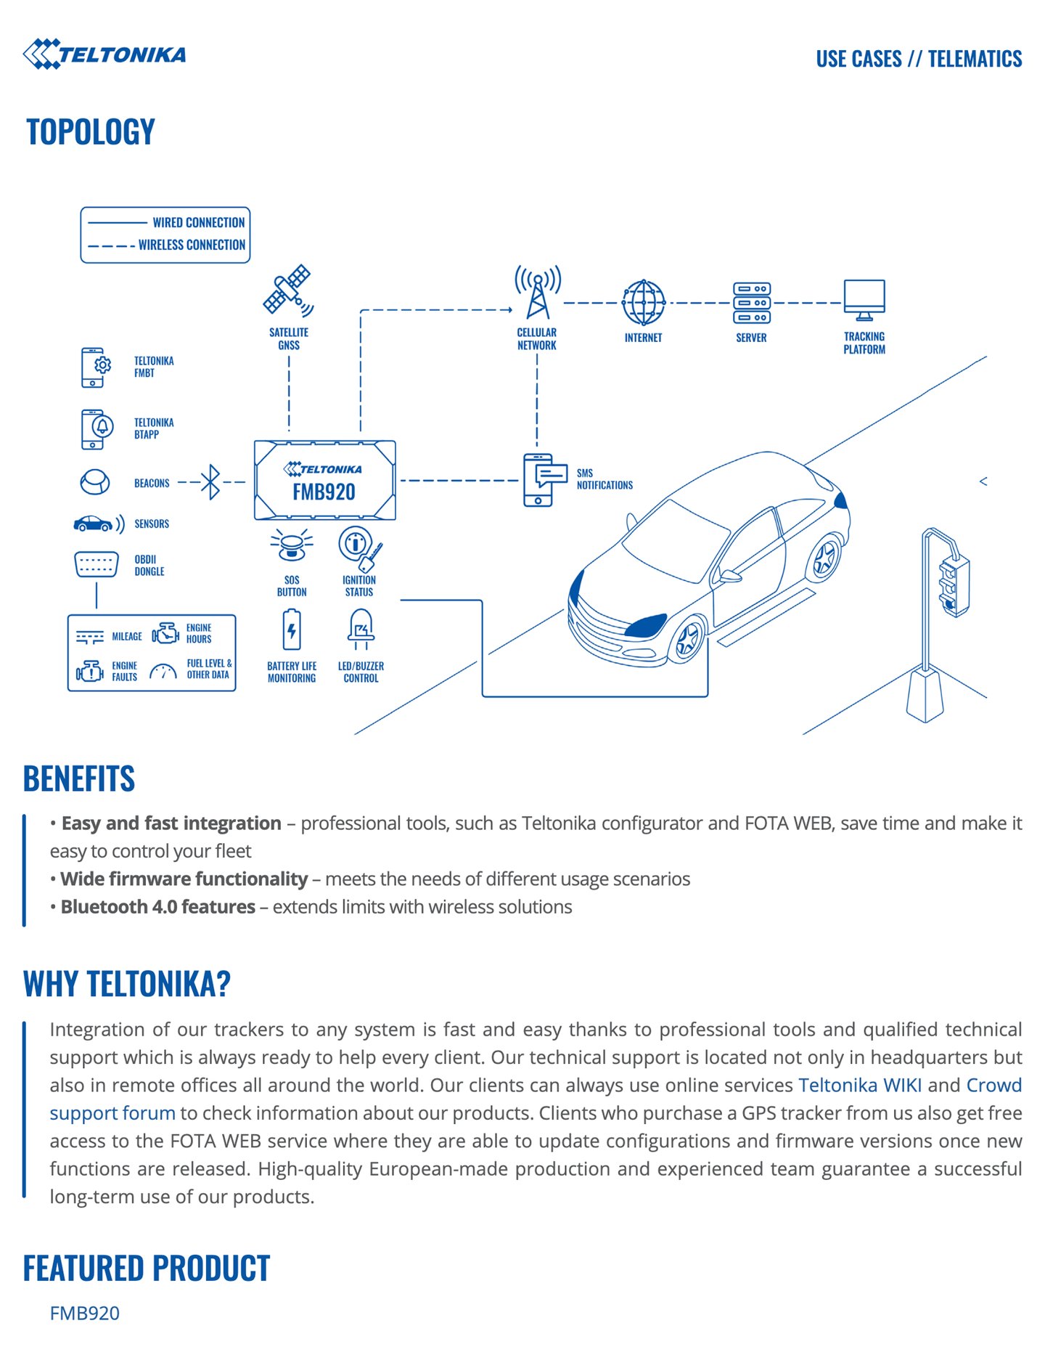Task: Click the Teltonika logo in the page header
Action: click(x=104, y=54)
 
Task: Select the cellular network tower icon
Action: click(x=537, y=292)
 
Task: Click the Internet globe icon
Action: click(x=643, y=303)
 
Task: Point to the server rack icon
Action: click(x=751, y=303)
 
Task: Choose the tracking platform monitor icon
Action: click(x=864, y=299)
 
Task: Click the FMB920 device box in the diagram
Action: click(x=324, y=480)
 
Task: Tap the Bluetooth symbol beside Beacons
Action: click(x=210, y=481)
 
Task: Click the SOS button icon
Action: click(x=292, y=545)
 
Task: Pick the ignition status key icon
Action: click(x=359, y=548)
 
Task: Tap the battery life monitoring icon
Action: click(x=292, y=630)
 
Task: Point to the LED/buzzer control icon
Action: click(x=361, y=629)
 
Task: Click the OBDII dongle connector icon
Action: click(x=97, y=564)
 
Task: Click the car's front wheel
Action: click(x=687, y=639)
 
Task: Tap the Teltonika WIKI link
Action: click(x=860, y=1085)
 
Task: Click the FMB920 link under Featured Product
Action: click(x=85, y=1313)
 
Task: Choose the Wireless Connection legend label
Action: click(x=192, y=245)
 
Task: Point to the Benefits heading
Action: click(x=79, y=778)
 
